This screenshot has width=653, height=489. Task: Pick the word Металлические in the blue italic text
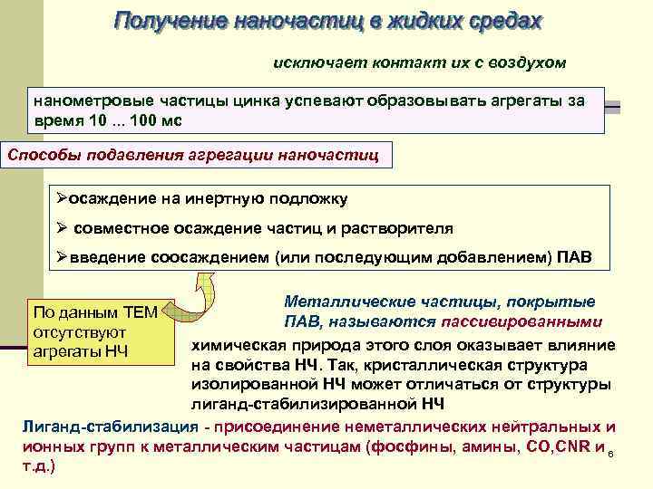coord(336,302)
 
